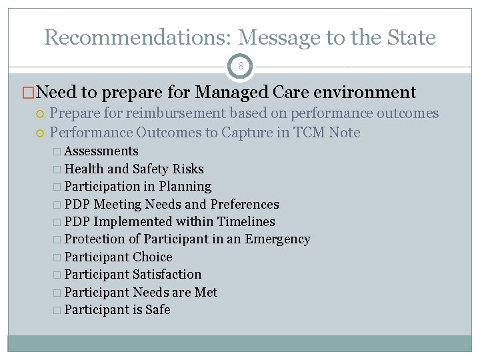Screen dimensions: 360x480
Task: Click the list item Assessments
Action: (x=101, y=151)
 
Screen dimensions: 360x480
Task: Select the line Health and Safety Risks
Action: (x=134, y=169)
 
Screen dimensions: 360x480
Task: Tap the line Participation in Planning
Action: (x=138, y=187)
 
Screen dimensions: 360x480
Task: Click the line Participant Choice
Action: (x=118, y=257)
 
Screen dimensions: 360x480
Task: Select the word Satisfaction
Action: (x=167, y=275)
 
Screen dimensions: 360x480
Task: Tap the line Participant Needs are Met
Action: (x=141, y=293)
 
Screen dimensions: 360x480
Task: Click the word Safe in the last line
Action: (x=158, y=310)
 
